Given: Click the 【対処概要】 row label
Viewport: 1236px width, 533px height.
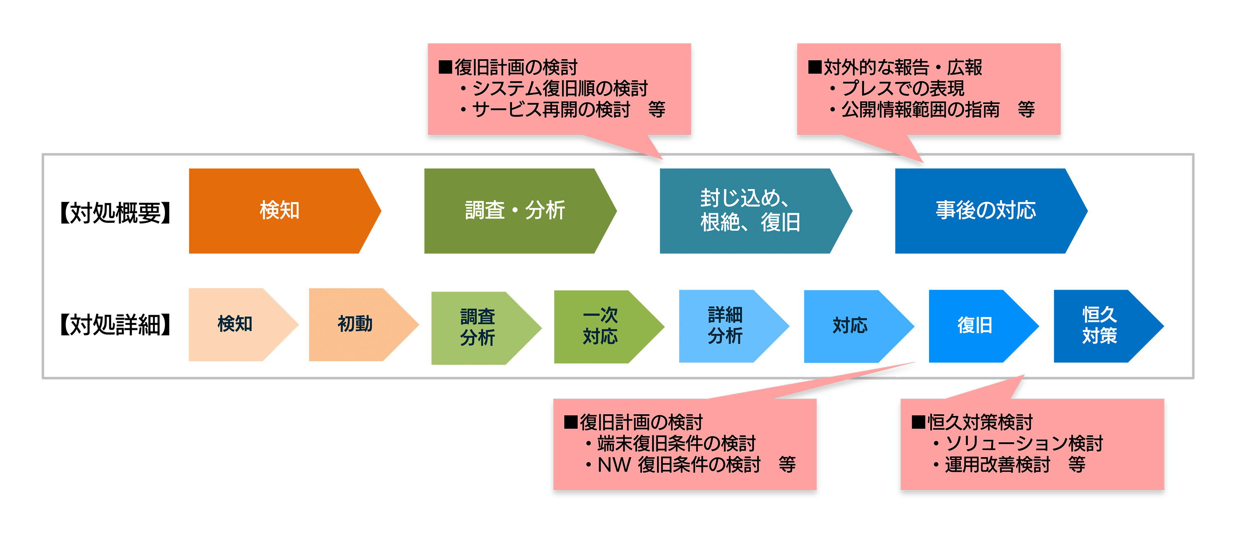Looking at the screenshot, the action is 115,213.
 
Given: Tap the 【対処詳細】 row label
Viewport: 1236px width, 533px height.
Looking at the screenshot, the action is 115,325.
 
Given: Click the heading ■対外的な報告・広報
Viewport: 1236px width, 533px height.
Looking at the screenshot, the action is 895,68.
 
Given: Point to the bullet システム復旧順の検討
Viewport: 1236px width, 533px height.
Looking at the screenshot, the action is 554,88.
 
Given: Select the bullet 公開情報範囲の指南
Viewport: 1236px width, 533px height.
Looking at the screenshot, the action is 915,110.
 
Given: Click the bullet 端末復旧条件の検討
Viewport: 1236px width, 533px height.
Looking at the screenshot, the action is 670,444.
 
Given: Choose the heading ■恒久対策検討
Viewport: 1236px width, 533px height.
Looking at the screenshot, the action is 971,423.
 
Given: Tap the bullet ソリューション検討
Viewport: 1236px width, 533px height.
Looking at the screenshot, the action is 1018,444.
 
